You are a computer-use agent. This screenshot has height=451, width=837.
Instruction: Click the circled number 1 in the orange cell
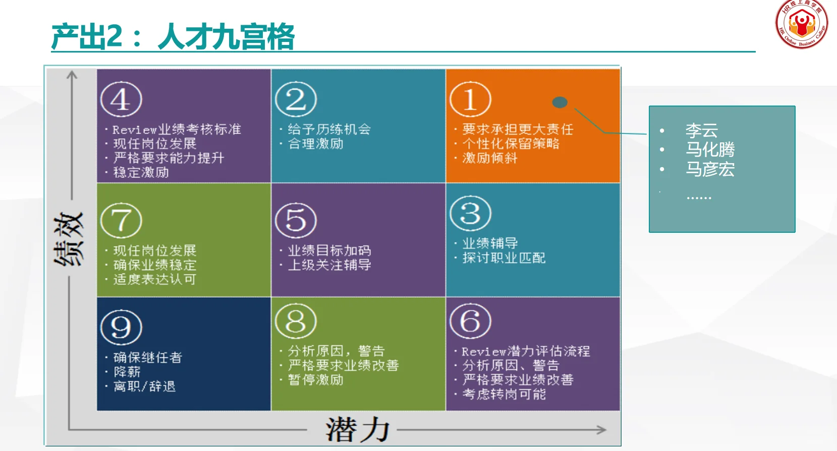[x=470, y=99]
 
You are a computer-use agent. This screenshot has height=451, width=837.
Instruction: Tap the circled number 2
[x=296, y=99]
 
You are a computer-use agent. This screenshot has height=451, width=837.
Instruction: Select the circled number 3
[x=470, y=213]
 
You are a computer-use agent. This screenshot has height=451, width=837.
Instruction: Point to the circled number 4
[x=121, y=99]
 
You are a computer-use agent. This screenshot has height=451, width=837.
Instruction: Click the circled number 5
[x=296, y=220]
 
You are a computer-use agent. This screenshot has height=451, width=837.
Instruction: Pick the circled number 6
[x=470, y=321]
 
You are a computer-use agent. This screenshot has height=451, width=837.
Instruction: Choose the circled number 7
[x=121, y=220]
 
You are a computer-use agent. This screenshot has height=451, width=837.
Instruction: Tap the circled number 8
[x=296, y=321]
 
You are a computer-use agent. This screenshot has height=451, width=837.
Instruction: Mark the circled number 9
[x=121, y=327]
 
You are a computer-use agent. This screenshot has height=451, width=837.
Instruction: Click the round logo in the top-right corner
[x=801, y=24]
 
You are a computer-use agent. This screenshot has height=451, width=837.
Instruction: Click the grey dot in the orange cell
[x=560, y=102]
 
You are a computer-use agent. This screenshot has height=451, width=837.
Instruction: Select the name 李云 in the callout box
[x=701, y=130]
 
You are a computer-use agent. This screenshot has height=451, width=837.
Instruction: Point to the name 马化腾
[x=710, y=149]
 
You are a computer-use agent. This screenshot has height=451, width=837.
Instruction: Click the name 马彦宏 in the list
[x=710, y=169]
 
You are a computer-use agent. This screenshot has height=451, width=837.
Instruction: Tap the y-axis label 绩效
[x=69, y=238]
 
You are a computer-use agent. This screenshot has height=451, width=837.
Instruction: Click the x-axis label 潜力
[x=357, y=430]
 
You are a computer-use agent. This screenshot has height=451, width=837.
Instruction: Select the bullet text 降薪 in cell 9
[x=127, y=372]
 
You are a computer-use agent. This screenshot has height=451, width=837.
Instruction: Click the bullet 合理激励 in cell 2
[x=316, y=144]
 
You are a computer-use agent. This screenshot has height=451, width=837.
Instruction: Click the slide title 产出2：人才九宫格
[x=173, y=36]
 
